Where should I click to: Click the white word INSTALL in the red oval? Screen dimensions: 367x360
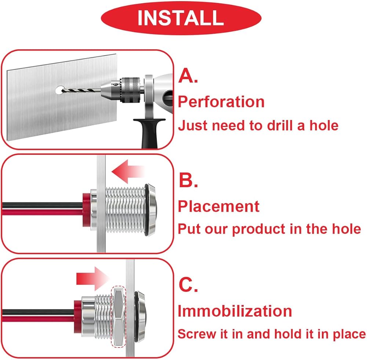pos(180,18)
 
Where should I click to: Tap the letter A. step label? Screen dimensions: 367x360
pos(188,77)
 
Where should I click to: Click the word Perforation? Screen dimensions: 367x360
pos(221,102)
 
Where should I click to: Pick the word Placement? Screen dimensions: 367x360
pos(219,206)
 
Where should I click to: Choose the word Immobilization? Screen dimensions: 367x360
pos(235,311)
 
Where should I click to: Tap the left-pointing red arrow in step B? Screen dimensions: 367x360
pos(127,171)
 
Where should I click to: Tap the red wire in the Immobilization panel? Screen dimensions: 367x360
pos(37,318)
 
